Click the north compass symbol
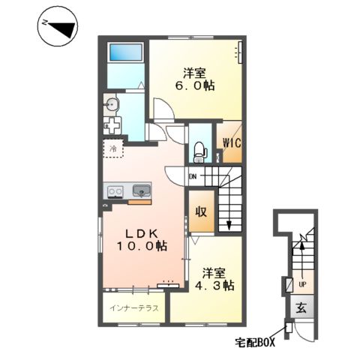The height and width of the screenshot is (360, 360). [x=58, y=26]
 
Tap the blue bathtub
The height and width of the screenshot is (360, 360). [x=126, y=52]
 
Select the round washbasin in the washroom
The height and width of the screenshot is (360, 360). [x=112, y=104]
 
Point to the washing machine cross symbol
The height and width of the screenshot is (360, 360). [x=112, y=124]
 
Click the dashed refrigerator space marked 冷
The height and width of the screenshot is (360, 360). [x=113, y=148]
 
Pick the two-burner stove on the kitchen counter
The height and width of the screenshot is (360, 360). [x=115, y=192]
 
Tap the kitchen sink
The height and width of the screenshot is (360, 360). [x=142, y=190]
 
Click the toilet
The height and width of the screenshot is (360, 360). [x=200, y=152]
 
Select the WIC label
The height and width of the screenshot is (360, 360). [x=232, y=143]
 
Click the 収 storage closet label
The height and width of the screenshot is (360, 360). [x=201, y=212]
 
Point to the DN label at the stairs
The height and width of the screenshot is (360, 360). [x=193, y=176]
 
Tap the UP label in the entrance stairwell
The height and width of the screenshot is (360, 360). [x=302, y=284]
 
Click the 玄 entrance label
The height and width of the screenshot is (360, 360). [x=301, y=307]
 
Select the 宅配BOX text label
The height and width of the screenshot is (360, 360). [x=255, y=342]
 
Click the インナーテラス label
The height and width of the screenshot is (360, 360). [x=134, y=308]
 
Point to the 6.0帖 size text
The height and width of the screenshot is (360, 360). [x=195, y=86]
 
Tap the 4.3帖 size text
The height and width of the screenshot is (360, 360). [x=214, y=285]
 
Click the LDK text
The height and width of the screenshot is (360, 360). [x=142, y=234]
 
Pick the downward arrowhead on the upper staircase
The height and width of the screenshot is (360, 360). [x=229, y=225]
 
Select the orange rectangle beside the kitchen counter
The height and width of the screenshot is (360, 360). [x=139, y=202]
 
